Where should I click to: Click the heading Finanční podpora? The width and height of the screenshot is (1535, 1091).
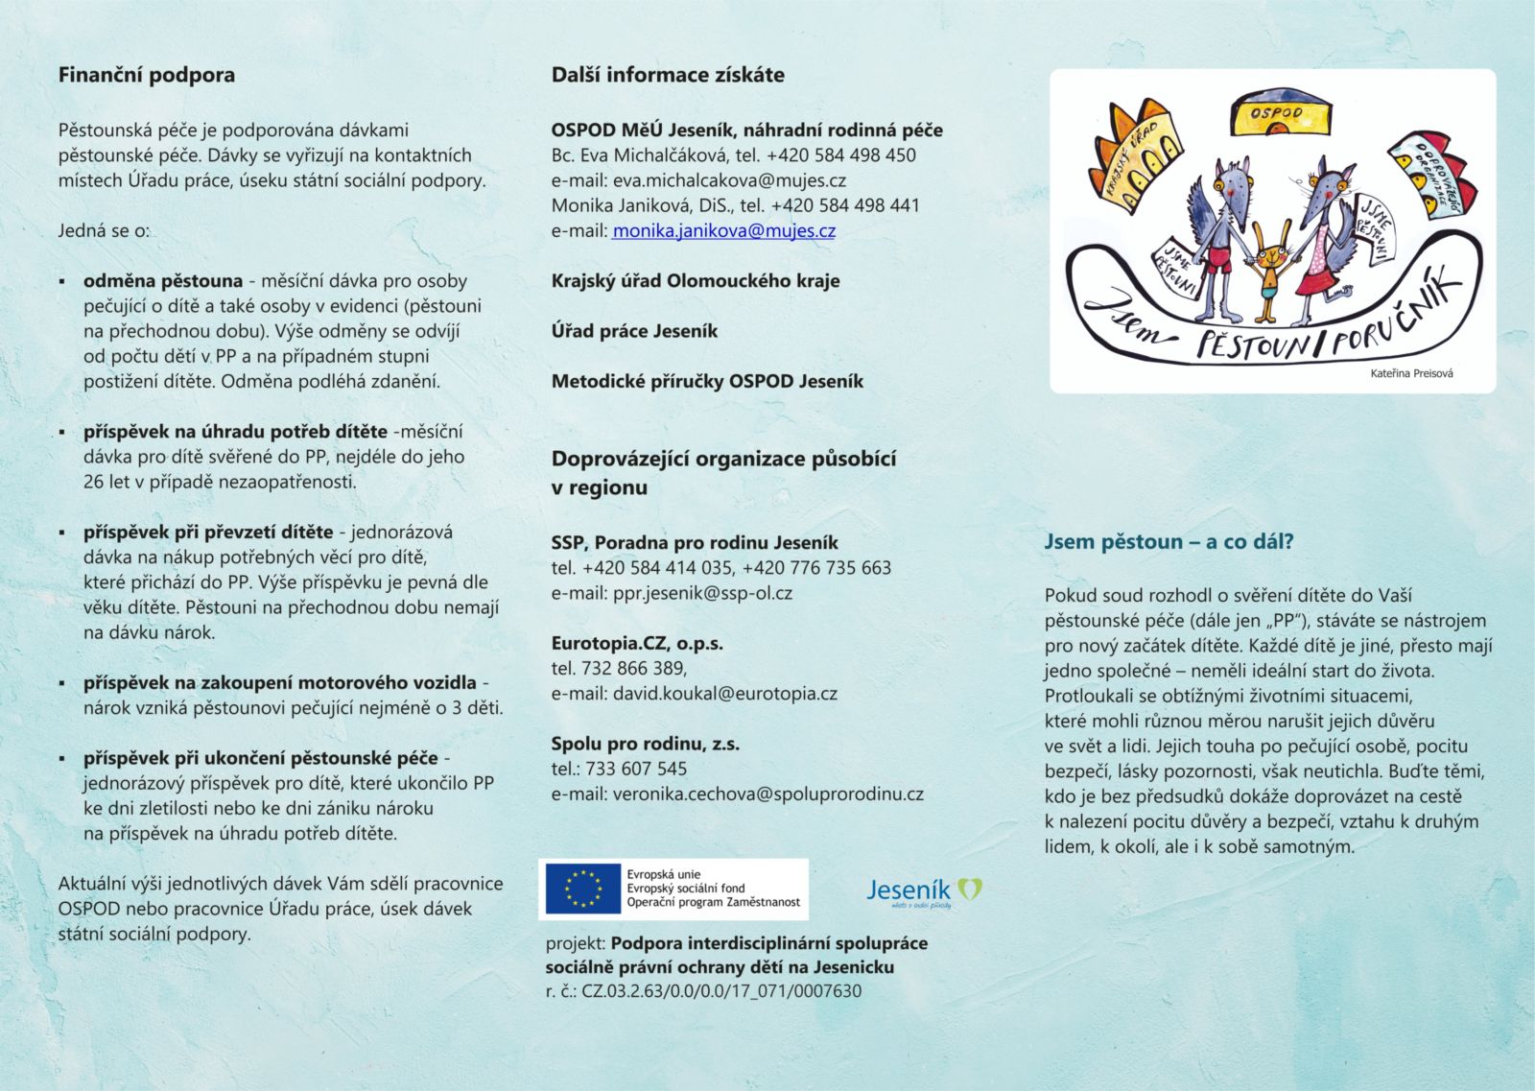click(147, 75)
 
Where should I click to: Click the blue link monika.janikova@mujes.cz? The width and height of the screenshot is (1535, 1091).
click(723, 230)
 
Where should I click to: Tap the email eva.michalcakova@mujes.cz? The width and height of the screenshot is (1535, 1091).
click(729, 179)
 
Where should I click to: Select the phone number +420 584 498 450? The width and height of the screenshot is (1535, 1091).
click(841, 154)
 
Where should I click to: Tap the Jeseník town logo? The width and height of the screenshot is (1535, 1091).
click(923, 891)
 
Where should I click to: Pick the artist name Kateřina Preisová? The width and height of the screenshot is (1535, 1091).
click(1410, 373)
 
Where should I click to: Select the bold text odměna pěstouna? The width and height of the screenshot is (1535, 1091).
click(163, 281)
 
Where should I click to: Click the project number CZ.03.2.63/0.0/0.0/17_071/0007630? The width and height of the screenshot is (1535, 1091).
click(721, 991)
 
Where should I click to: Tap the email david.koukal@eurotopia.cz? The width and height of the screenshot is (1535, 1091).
click(724, 693)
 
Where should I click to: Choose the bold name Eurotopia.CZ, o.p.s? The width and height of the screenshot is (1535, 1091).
click(637, 643)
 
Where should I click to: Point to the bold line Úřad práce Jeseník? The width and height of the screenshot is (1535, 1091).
click(634, 331)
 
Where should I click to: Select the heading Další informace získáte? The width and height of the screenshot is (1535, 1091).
click(668, 75)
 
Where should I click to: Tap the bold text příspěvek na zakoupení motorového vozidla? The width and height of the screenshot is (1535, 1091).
click(280, 683)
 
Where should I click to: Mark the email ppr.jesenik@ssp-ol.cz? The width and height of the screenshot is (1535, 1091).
click(702, 593)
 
